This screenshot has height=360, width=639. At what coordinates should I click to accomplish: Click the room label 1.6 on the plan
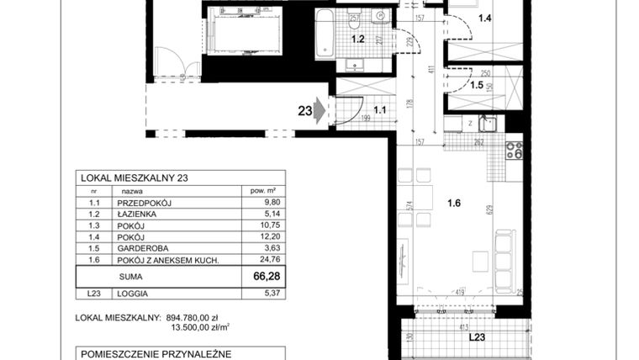[455, 202]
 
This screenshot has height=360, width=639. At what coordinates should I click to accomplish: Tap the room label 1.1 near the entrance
[379, 109]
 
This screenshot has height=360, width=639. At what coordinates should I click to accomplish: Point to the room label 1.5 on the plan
[476, 85]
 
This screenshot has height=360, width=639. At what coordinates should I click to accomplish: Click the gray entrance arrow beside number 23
[320, 109]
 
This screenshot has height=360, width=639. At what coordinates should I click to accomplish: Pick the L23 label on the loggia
[478, 338]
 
